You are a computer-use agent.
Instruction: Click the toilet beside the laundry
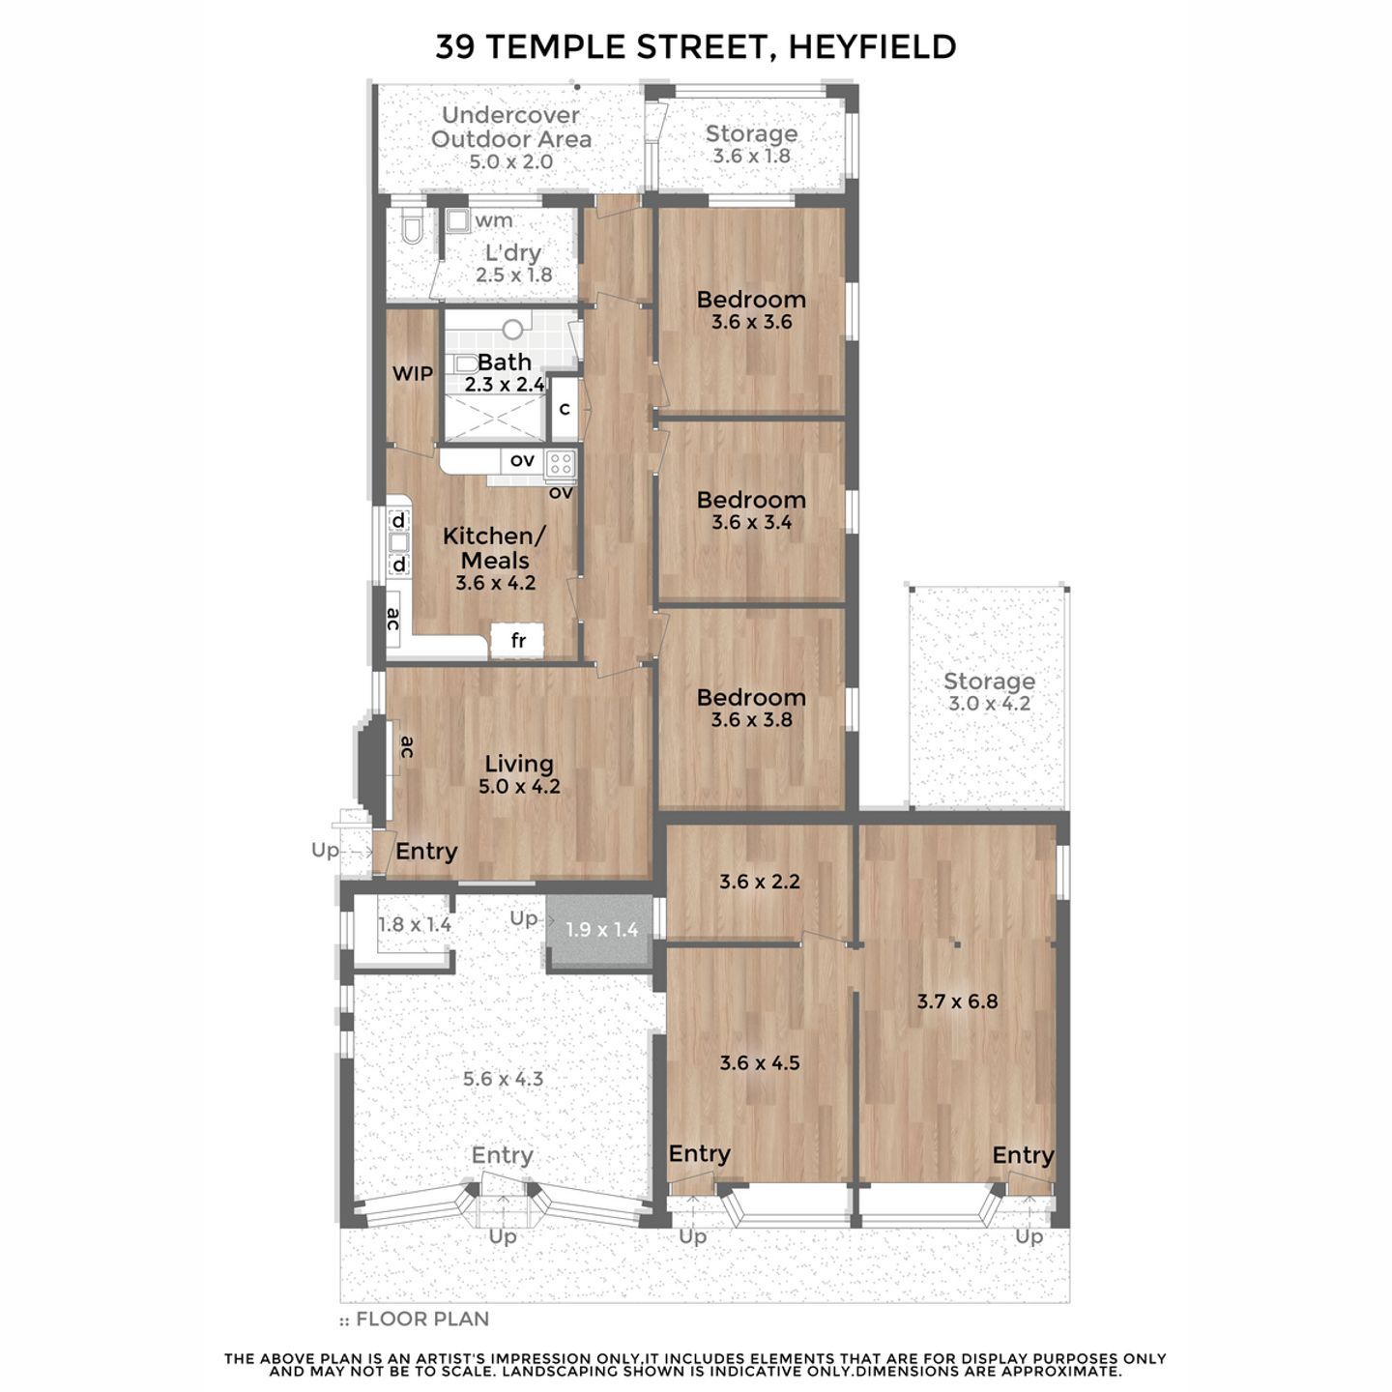pyautogui.click(x=411, y=227)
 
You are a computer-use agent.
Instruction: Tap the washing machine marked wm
pyautogui.click(x=457, y=219)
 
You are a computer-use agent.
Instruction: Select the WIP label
pyautogui.click(x=413, y=373)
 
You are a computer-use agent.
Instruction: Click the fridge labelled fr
pyautogui.click(x=517, y=640)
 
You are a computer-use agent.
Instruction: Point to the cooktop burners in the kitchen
pyautogui.click(x=561, y=463)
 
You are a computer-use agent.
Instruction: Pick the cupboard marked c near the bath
pyautogui.click(x=565, y=409)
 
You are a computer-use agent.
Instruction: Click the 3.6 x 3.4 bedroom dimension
pyautogui.click(x=751, y=522)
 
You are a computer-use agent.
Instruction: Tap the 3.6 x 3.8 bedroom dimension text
pyautogui.click(x=751, y=719)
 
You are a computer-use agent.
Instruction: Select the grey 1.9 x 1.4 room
pyautogui.click(x=599, y=931)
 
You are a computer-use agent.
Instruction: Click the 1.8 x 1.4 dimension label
pyautogui.click(x=415, y=925)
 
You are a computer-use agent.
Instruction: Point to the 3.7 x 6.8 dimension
pyautogui.click(x=957, y=1001)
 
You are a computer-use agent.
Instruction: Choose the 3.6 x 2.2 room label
pyautogui.click(x=759, y=882)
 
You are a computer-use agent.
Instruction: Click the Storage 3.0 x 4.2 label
pyautogui.click(x=989, y=692)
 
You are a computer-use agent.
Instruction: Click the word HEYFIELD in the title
pyautogui.click(x=873, y=47)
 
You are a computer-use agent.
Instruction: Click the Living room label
pyautogui.click(x=519, y=764)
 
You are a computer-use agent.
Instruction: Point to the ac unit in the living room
pyautogui.click(x=397, y=747)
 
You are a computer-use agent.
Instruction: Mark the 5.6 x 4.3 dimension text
pyautogui.click(x=503, y=1079)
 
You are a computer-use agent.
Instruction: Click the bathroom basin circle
pyautogui.click(x=513, y=330)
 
